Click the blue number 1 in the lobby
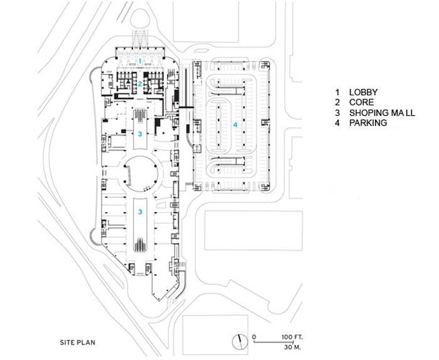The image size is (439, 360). (140, 60)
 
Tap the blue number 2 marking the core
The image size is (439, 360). (140, 83)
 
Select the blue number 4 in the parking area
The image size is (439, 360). (235, 124)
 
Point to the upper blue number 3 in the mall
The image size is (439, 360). (140, 134)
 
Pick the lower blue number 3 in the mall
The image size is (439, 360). (140, 212)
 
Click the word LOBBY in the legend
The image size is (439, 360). (363, 92)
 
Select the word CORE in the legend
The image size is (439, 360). (361, 102)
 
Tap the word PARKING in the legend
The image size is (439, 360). (368, 122)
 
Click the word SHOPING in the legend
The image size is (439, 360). (366, 113)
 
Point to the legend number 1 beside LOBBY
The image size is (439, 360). (337, 92)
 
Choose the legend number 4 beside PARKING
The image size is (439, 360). (337, 122)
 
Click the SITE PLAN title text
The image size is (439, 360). (78, 342)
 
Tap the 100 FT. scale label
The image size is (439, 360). (292, 337)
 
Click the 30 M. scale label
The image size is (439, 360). (292, 347)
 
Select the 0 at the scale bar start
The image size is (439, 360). (254, 337)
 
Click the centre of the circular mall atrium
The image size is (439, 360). (140, 174)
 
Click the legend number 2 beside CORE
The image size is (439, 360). (337, 102)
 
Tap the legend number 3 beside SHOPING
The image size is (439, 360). (337, 113)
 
